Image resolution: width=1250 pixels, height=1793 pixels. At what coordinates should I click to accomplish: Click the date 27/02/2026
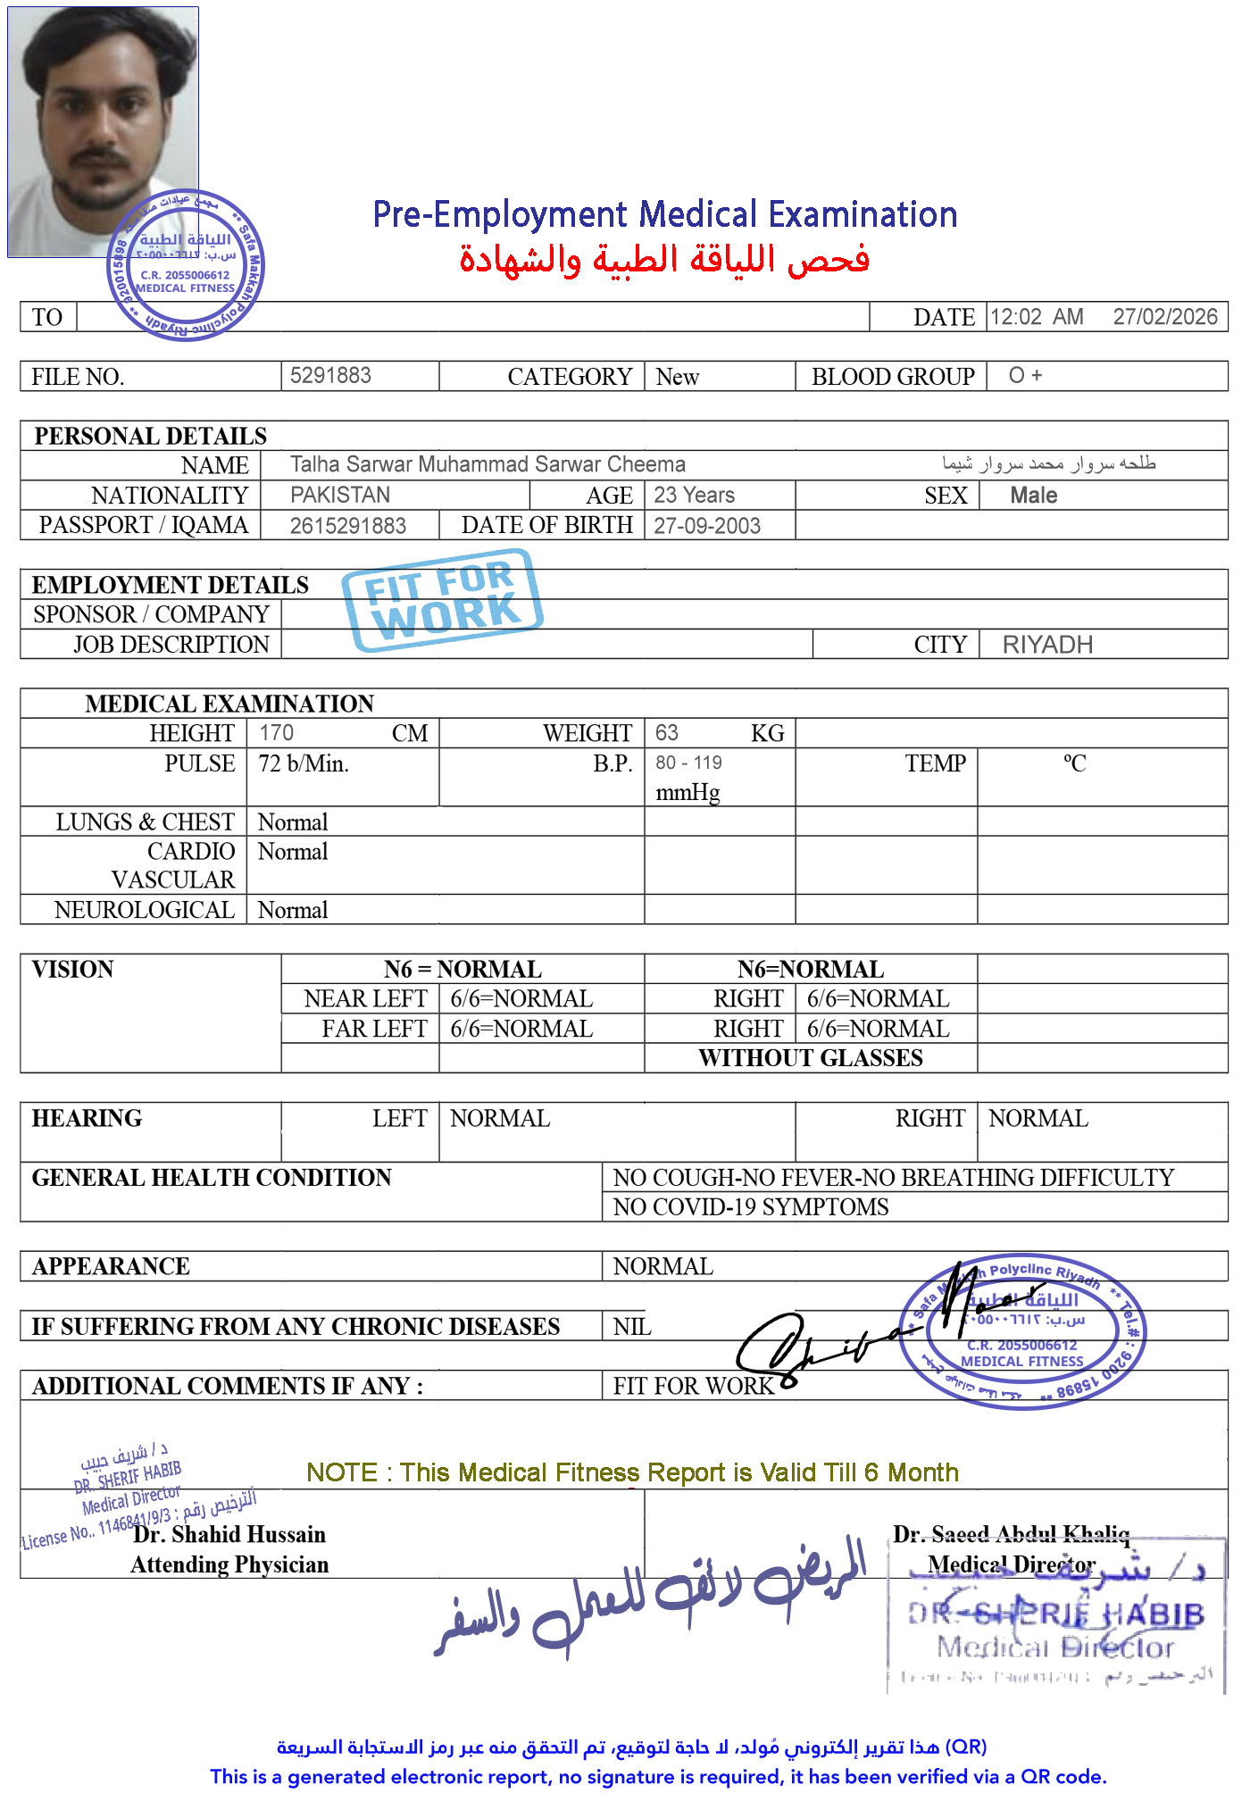click(1164, 317)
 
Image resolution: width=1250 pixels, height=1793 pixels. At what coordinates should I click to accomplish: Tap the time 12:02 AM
click(1036, 317)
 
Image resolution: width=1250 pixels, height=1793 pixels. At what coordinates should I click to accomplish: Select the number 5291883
click(330, 375)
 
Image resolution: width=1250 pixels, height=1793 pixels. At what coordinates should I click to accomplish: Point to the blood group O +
click(1025, 375)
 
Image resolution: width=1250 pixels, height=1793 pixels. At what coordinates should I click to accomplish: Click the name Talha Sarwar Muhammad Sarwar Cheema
click(487, 464)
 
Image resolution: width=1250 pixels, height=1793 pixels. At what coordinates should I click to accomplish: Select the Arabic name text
click(1049, 463)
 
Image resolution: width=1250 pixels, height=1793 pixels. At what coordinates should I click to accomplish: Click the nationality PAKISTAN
click(340, 495)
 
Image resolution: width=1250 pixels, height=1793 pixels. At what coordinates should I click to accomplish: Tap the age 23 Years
click(694, 495)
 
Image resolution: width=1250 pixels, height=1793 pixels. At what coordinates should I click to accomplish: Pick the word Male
click(1033, 496)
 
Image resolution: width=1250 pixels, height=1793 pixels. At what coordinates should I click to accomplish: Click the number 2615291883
click(347, 526)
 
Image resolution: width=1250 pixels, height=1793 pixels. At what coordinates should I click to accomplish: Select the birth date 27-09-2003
click(707, 526)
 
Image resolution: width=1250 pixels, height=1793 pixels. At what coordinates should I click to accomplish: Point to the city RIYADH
click(1047, 645)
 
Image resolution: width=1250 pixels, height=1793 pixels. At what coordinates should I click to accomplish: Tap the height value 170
click(276, 733)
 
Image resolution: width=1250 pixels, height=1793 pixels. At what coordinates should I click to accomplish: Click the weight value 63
click(666, 733)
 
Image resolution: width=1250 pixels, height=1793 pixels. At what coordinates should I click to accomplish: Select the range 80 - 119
click(688, 763)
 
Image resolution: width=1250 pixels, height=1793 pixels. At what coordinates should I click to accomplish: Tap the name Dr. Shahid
click(187, 1534)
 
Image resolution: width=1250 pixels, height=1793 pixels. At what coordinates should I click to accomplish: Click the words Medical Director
click(1011, 1564)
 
